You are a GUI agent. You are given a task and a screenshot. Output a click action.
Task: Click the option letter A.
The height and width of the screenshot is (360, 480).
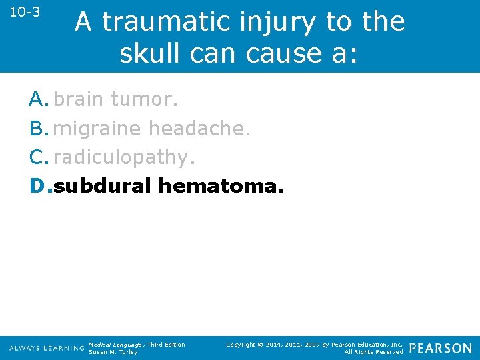37,99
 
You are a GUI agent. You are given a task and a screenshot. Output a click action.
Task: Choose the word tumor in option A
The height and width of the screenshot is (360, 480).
144,99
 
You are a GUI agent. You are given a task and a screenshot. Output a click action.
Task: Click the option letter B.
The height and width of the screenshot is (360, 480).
37,128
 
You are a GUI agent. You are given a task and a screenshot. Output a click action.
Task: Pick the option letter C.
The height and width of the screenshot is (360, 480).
37,157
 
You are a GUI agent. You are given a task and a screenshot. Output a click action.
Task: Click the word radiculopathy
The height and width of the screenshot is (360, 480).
125,157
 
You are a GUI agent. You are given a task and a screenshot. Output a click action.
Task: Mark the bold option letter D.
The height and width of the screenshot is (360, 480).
39,186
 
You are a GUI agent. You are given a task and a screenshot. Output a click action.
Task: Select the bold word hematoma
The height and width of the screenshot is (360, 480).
221,186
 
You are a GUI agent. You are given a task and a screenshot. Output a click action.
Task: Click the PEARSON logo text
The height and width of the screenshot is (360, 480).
440,348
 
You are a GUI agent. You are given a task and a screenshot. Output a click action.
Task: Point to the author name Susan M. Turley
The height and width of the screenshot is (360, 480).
113,352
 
